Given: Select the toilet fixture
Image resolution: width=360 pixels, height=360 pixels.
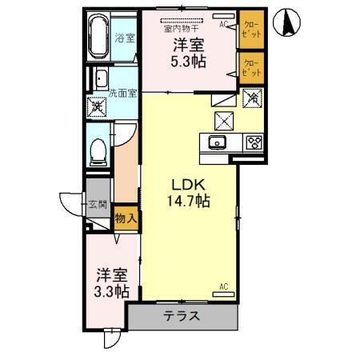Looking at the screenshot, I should point(99,150).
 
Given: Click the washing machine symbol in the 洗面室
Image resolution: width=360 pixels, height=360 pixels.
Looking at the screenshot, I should point(98,105).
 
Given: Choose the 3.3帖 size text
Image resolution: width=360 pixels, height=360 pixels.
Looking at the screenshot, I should point(110,291).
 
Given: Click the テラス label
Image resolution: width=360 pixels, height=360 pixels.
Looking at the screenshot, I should point(182,316).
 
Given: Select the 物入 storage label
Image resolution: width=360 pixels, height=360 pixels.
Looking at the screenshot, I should point(126,216).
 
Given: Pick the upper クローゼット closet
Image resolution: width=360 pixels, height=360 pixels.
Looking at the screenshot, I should point(250,30).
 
